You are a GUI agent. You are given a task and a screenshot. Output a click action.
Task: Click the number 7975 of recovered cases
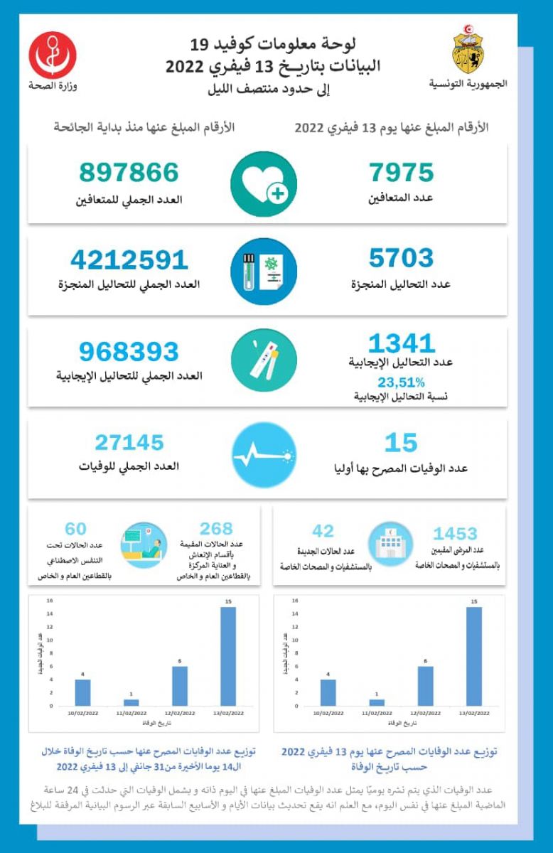402,173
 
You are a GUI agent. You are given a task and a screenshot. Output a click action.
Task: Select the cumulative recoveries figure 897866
129,173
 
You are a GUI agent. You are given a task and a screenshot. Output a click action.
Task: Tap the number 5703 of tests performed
401,258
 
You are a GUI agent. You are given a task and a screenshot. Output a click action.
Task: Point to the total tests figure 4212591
129,259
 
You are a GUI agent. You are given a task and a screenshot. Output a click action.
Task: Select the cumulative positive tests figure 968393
129,351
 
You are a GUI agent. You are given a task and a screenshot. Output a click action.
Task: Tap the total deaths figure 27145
129,443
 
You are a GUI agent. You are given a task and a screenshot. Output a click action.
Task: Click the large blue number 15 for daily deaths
401,443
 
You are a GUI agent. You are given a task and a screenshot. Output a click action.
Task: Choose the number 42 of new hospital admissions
323,531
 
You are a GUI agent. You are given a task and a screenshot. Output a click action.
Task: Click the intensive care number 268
216,529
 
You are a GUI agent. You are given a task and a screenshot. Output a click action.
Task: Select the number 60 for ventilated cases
75,529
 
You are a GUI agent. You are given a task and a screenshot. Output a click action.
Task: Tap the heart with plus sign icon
264,184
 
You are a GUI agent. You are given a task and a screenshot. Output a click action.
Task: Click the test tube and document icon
264,272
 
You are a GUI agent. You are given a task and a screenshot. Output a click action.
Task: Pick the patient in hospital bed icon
144,545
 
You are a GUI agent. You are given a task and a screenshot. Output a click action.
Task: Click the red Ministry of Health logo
53,55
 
